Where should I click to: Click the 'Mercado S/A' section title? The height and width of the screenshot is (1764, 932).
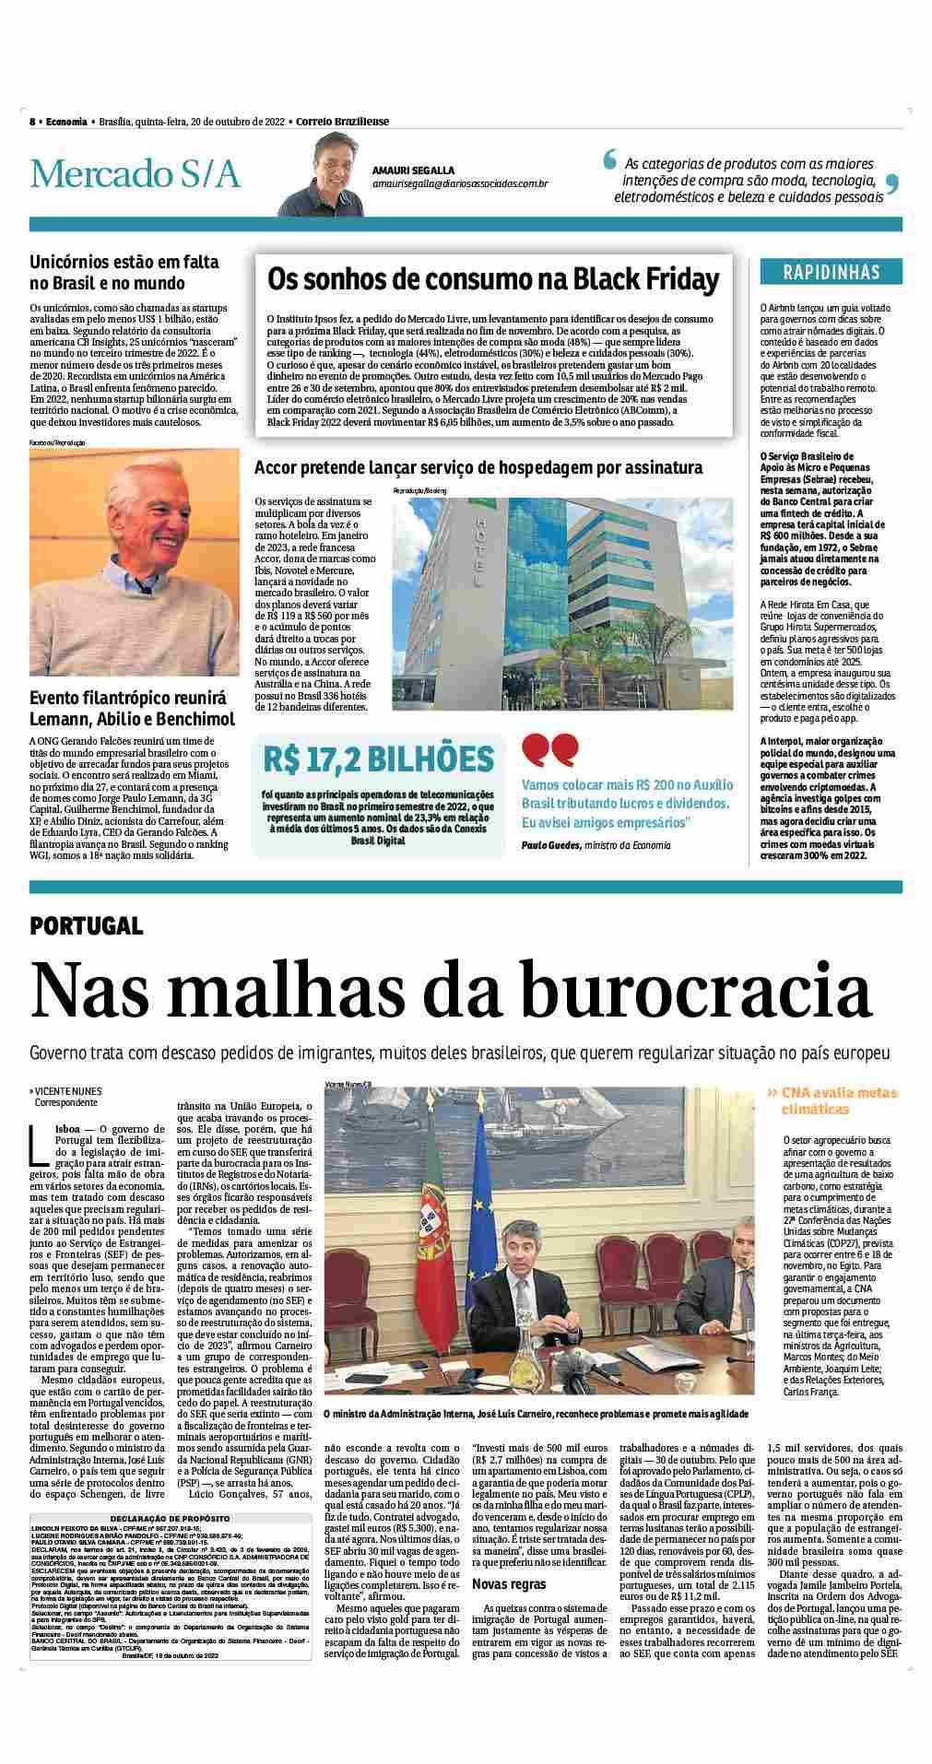(135, 173)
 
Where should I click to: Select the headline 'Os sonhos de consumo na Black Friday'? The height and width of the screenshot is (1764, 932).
(492, 278)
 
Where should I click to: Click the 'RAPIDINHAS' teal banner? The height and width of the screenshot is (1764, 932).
(831, 272)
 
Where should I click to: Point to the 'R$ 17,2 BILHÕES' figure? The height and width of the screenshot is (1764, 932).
(379, 759)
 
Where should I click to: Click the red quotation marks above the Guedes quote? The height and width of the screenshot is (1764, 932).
(550, 749)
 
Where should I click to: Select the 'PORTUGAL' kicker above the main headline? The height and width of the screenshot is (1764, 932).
(86, 926)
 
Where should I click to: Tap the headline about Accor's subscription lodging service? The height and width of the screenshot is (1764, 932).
(478, 467)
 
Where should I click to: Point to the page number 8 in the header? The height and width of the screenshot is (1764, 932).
(32, 122)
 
